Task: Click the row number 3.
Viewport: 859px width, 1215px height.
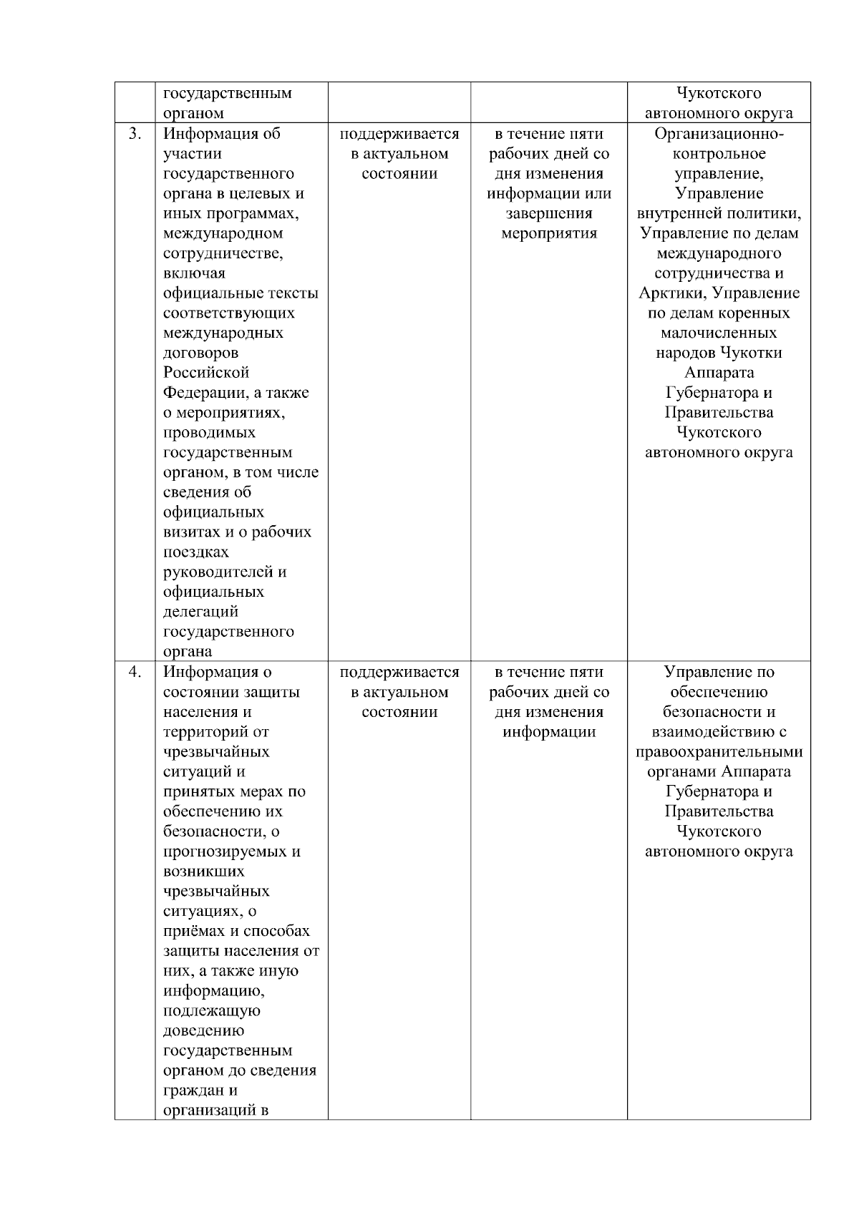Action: pyautogui.click(x=134, y=134)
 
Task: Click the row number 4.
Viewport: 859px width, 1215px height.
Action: pyautogui.click(x=134, y=672)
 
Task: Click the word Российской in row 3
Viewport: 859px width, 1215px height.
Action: pyautogui.click(x=206, y=373)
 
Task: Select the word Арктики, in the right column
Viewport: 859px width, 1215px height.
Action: pyautogui.click(x=673, y=293)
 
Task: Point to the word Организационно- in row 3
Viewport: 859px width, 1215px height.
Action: pyautogui.click(x=719, y=134)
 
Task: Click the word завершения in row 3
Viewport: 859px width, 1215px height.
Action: pyautogui.click(x=549, y=213)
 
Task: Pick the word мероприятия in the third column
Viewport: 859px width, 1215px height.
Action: pyautogui.click(x=549, y=233)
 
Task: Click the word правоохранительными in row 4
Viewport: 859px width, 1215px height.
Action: pyautogui.click(x=719, y=752)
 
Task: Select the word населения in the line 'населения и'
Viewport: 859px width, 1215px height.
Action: pyautogui.click(x=198, y=712)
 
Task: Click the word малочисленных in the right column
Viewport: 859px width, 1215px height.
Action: pyautogui.click(x=719, y=333)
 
